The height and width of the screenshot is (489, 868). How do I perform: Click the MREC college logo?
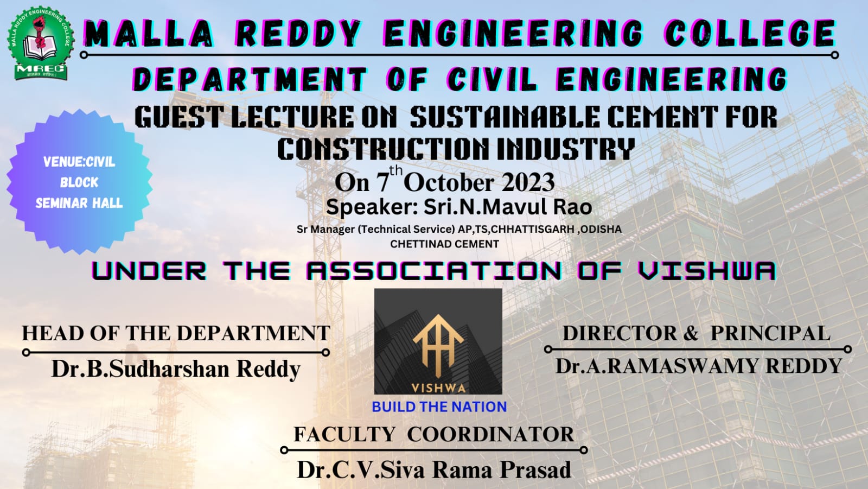click(x=41, y=43)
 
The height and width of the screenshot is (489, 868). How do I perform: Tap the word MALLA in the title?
click(x=149, y=34)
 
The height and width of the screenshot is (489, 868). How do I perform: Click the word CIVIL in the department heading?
click(x=492, y=79)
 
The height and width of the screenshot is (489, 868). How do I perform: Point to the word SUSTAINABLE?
click(x=505, y=117)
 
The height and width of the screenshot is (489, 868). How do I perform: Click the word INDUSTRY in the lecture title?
click(x=566, y=149)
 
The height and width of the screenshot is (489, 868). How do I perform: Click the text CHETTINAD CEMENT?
click(x=444, y=244)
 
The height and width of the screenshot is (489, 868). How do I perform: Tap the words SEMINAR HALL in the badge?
click(x=79, y=203)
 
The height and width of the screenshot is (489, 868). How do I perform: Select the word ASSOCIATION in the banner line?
click(x=433, y=270)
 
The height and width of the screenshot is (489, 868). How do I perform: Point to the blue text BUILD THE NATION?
click(x=439, y=407)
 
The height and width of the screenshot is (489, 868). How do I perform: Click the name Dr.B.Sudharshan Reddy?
click(x=176, y=369)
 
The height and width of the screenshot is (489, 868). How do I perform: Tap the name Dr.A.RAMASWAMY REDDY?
click(x=699, y=366)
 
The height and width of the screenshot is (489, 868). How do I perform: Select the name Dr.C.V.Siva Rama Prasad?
click(x=434, y=470)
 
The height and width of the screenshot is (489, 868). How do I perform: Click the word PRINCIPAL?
click(x=770, y=333)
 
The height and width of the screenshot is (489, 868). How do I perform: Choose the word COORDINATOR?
click(x=490, y=434)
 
